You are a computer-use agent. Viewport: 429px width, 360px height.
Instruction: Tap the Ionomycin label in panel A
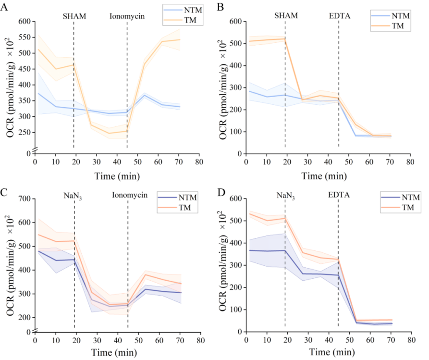127,16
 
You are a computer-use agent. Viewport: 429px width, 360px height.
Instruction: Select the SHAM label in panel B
286,15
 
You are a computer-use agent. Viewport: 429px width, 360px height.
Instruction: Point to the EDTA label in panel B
339,15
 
